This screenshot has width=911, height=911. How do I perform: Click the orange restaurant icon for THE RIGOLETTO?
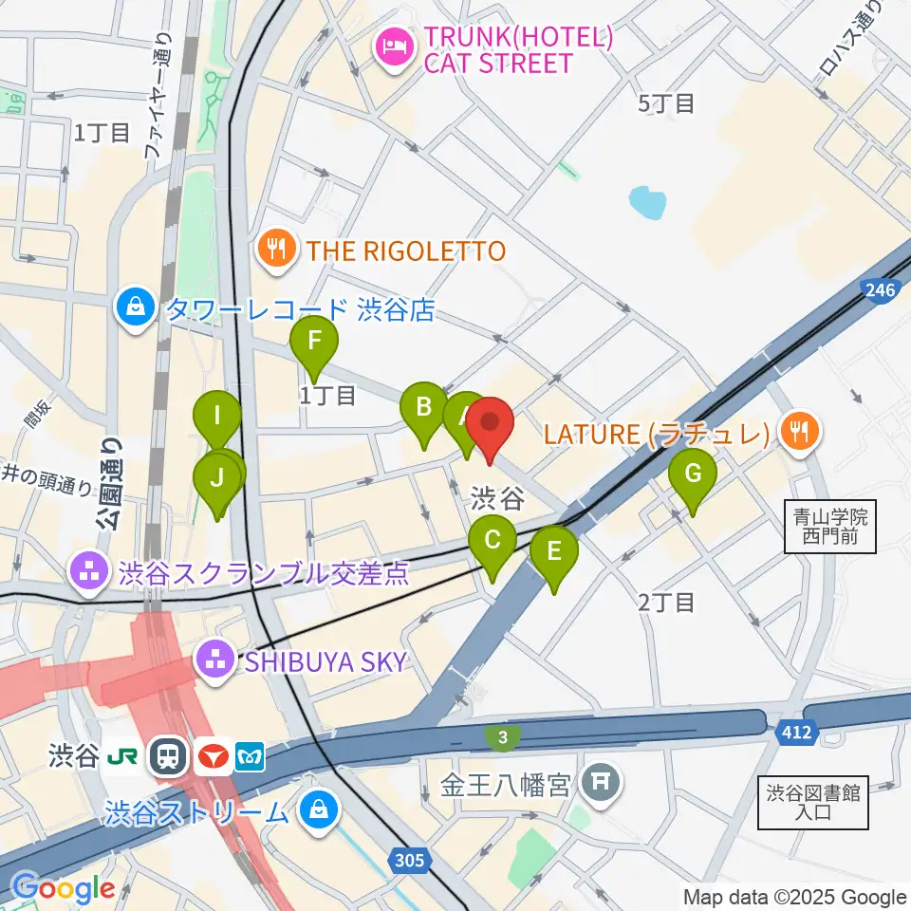(x=277, y=251)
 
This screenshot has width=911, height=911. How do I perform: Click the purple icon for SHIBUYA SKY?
(x=215, y=660)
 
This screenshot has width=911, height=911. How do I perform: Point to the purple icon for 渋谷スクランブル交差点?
(x=91, y=572)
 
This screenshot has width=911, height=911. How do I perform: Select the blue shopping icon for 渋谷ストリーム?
(x=315, y=812)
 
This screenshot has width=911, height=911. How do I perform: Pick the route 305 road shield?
(x=408, y=860)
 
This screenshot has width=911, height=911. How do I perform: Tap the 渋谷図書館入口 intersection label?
(x=813, y=803)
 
